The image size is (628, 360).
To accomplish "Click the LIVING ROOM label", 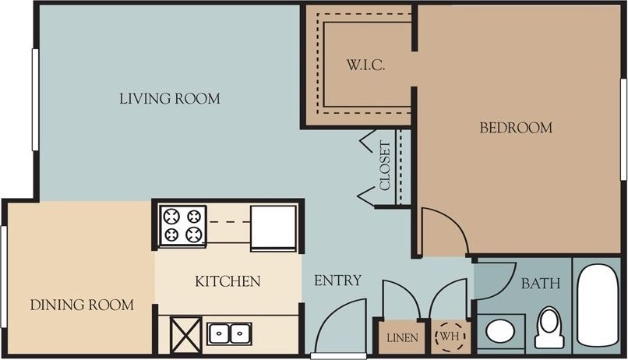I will pyautogui.click(x=169, y=99).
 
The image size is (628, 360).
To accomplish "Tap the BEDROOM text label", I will pyautogui.click(x=515, y=128).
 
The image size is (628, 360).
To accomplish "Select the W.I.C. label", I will pyautogui.click(x=365, y=65).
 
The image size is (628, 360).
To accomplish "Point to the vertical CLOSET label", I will pyautogui.click(x=385, y=165).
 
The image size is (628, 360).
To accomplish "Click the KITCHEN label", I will pyautogui.click(x=228, y=281).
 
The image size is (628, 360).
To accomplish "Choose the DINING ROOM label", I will pyautogui.click(x=82, y=305).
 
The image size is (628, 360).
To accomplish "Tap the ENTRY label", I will pyautogui.click(x=337, y=281).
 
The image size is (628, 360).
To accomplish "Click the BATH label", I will pyautogui.click(x=540, y=284).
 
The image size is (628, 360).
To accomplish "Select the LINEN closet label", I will pyautogui.click(x=402, y=337).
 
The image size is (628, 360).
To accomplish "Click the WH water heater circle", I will pyautogui.click(x=450, y=336).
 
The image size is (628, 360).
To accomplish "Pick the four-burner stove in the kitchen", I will pyautogui.click(x=182, y=226).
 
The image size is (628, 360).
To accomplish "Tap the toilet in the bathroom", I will pyautogui.click(x=550, y=328).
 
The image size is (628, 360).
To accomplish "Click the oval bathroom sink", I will pyautogui.click(x=499, y=331).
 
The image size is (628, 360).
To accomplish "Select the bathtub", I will pyautogui.click(x=598, y=308).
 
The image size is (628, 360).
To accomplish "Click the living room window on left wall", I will pyautogui.click(x=35, y=99).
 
